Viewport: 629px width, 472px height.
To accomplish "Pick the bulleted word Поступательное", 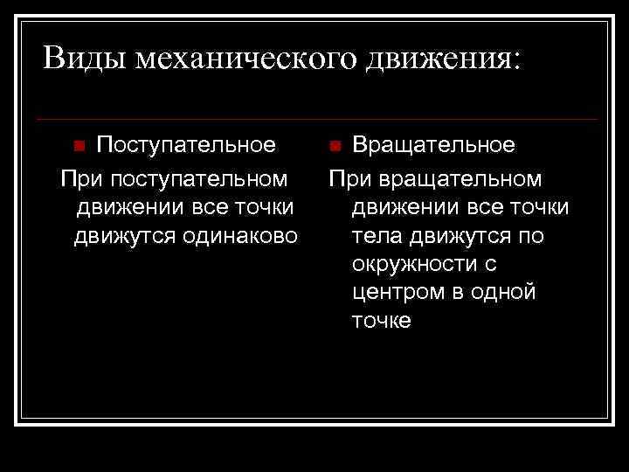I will [x=186, y=144].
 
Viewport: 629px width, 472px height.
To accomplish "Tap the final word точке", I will [x=381, y=321].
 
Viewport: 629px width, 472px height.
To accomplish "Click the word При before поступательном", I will [x=79, y=179].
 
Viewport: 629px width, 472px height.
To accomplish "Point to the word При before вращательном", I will [x=350, y=179].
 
